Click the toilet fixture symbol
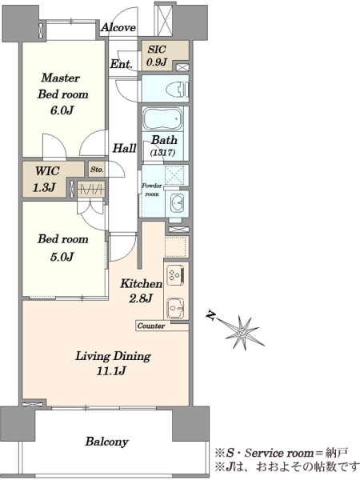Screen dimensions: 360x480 (x=177, y=90)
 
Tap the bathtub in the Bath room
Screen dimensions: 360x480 (x=162, y=119)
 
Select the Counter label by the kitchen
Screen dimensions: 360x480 (x=151, y=326)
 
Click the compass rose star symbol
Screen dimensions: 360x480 (x=242, y=332)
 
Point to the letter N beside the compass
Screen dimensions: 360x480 (x=210, y=316)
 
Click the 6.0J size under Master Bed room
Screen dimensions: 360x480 (x=62, y=110)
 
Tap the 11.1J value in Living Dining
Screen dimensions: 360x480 (x=111, y=371)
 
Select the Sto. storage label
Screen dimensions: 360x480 (x=97, y=170)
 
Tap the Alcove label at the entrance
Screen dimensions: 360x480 (x=118, y=27)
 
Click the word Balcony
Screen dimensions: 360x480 (x=107, y=442)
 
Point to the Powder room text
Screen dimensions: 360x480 (x=152, y=190)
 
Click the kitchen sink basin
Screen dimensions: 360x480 (x=175, y=308)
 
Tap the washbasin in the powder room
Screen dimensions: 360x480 (x=177, y=202)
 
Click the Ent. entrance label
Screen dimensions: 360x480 (x=122, y=64)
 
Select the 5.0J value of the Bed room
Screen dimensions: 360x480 (x=62, y=257)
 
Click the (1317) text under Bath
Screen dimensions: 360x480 (x=162, y=153)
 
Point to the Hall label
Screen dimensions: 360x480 (x=124, y=148)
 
